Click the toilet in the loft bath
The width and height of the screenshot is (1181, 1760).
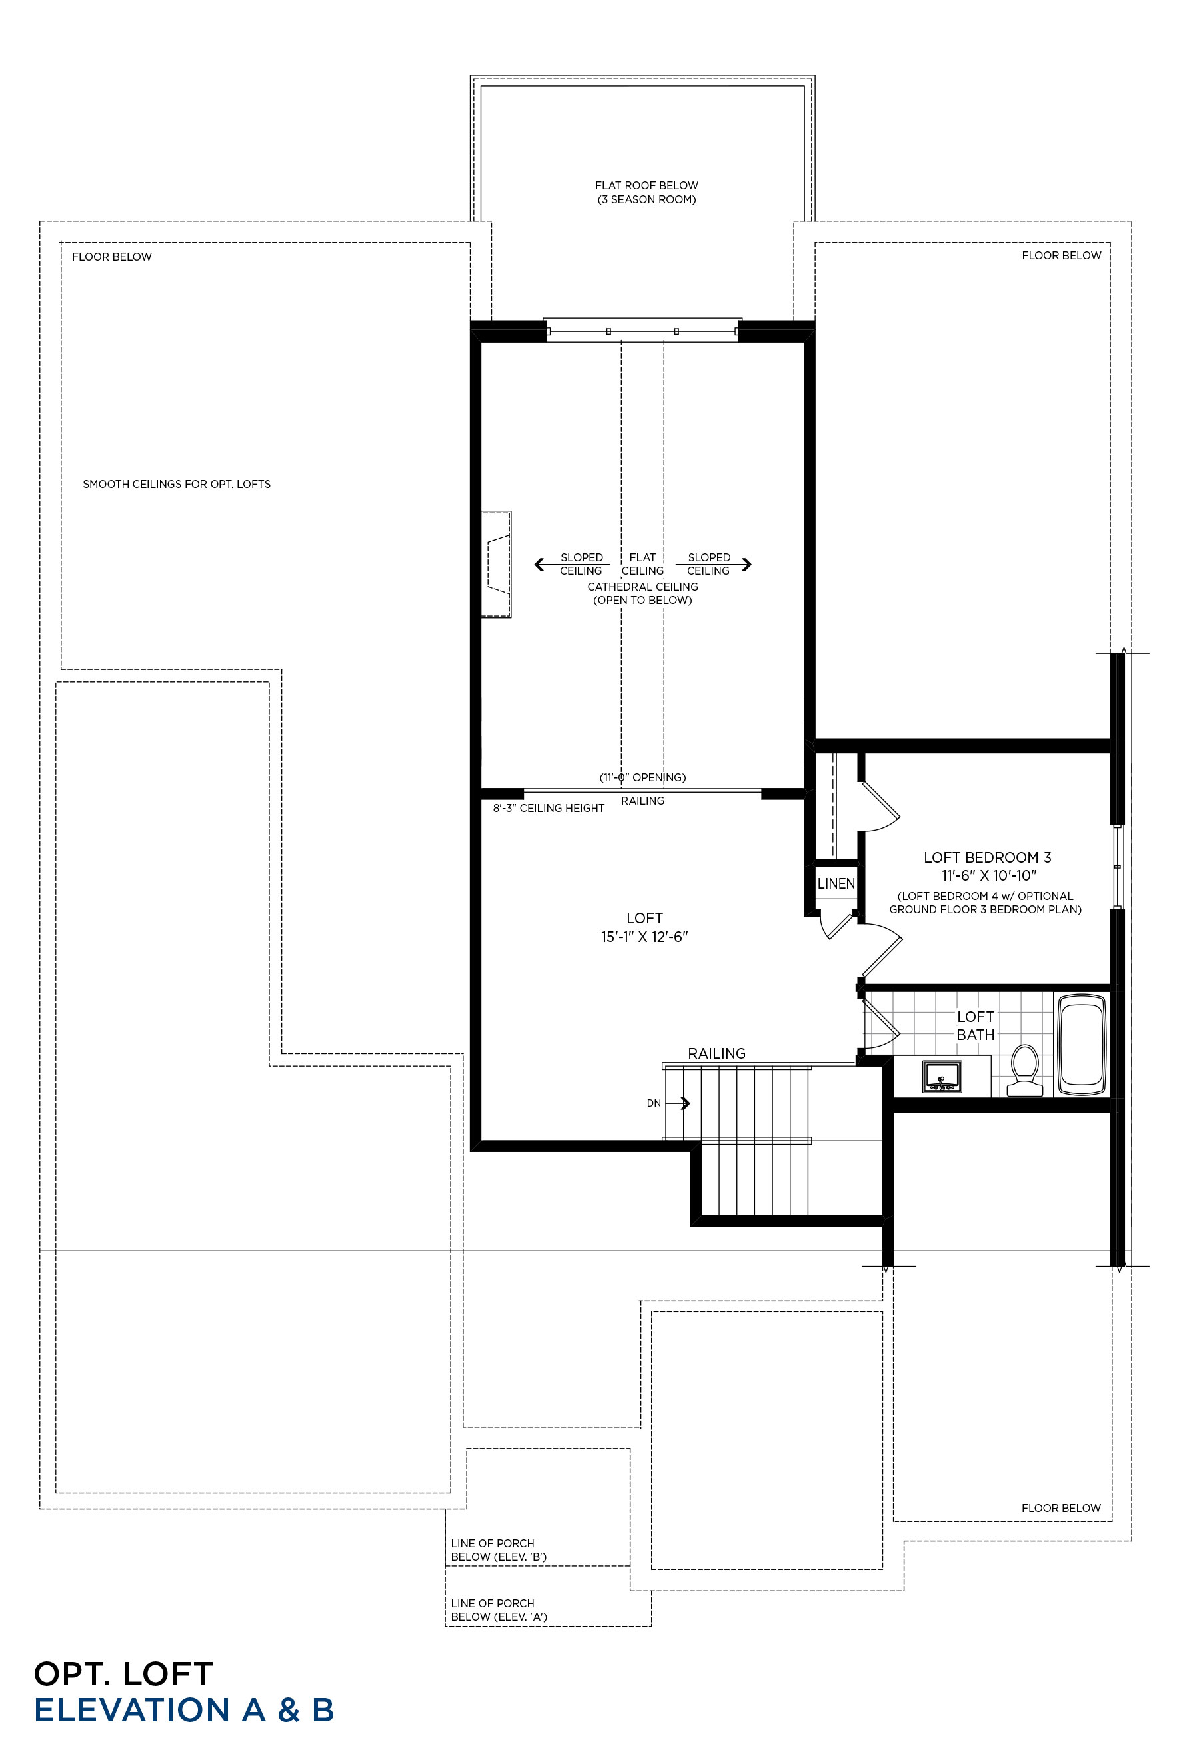point(1024,1070)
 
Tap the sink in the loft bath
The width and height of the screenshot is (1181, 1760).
point(942,1077)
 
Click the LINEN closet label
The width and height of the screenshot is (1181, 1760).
point(836,883)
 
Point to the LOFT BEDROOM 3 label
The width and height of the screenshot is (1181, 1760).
point(986,857)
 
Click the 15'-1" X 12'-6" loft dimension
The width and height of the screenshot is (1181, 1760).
point(644,937)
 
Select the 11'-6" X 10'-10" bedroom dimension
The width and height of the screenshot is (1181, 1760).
point(989,875)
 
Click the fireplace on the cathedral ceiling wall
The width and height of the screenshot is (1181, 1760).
point(497,564)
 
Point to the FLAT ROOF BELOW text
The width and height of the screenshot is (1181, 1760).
point(646,185)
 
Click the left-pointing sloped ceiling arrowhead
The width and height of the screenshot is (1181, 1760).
point(539,563)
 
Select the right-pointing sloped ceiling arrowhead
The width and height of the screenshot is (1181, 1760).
point(746,563)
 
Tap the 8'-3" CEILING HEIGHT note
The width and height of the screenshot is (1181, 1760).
point(549,809)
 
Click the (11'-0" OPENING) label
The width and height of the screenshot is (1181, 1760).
point(642,777)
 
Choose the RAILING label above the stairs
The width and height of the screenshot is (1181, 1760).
point(716,1053)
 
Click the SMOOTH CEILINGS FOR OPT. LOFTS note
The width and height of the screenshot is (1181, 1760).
point(176,485)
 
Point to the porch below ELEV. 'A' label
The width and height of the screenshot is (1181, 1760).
point(499,1610)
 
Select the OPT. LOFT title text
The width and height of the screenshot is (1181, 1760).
point(123,1674)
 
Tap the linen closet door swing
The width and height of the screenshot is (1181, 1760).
point(835,926)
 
